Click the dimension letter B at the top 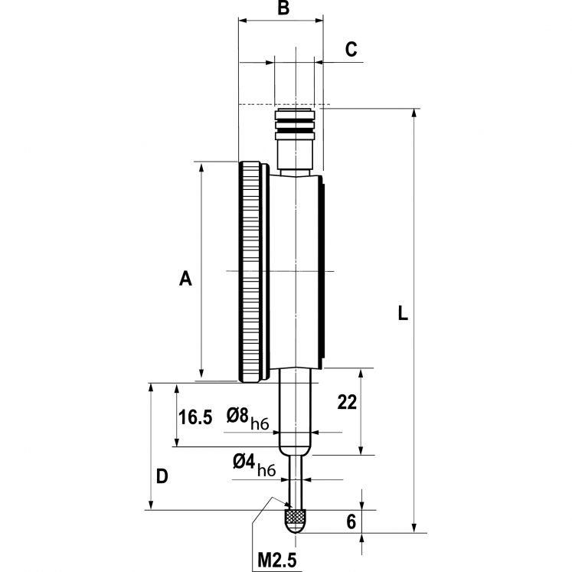click(x=283, y=8)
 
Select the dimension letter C click(x=351, y=49)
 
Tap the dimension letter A click(x=185, y=279)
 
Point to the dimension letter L click(x=403, y=312)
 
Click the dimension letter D click(x=162, y=476)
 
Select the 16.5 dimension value click(x=195, y=417)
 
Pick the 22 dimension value click(x=347, y=403)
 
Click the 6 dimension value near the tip click(x=351, y=522)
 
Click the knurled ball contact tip click(x=295, y=522)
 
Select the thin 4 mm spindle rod click(x=295, y=479)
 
